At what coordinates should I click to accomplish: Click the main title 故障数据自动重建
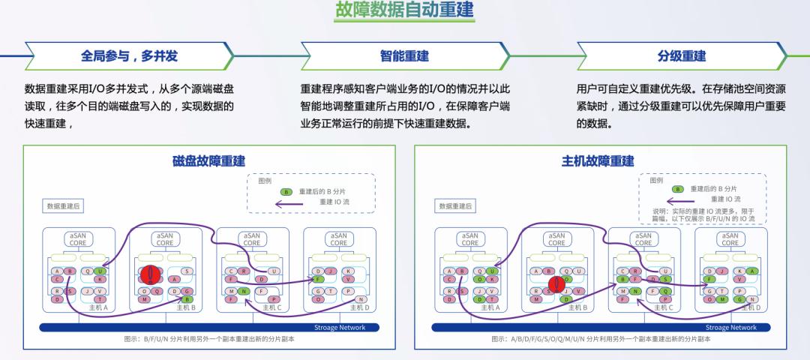[404, 11]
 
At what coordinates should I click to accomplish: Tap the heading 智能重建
[404, 56]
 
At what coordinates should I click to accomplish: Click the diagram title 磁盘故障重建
[208, 161]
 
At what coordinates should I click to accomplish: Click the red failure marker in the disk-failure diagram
[148, 275]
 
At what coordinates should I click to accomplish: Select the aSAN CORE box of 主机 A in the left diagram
[78, 238]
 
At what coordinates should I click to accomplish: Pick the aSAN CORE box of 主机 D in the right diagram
[730, 238]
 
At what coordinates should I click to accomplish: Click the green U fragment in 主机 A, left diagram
[100, 271]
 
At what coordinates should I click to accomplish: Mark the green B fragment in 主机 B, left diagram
[187, 299]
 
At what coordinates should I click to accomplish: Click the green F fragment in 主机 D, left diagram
[319, 280]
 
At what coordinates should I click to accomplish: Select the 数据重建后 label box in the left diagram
[64, 205]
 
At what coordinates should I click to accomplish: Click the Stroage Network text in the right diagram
[731, 328]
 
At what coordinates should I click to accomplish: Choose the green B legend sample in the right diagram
[677, 189]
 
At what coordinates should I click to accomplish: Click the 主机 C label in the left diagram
[274, 307]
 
